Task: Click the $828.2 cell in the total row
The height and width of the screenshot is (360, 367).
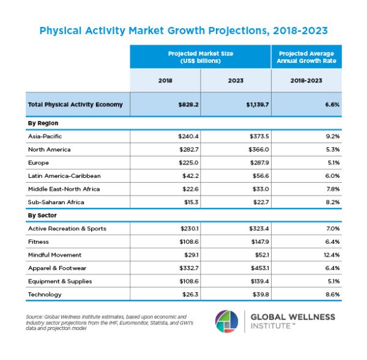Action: point(184,105)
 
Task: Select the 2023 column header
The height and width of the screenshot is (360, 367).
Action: point(235,81)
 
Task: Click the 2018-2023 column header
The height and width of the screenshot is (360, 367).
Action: point(306,81)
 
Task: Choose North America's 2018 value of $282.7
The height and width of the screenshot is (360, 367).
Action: point(184,150)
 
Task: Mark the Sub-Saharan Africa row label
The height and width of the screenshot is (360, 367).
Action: point(56,202)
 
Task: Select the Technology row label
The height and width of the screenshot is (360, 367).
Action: point(45,295)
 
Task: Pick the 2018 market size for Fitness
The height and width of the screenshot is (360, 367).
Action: point(184,241)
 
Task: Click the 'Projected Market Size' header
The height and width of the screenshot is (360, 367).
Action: point(200,57)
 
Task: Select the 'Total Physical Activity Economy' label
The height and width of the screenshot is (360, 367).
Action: point(75,105)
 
